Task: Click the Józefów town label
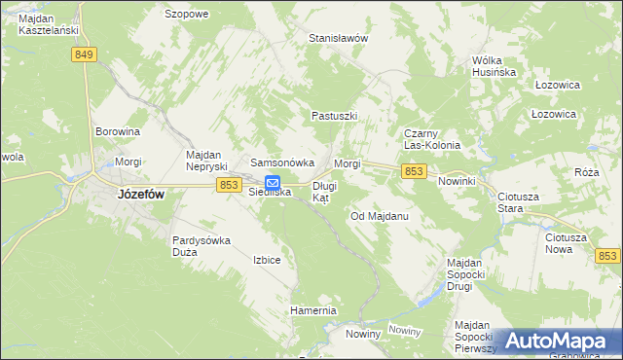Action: [140, 194]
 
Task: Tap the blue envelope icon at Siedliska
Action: [273, 182]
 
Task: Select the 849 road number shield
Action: [83, 55]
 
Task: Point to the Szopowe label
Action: [187, 15]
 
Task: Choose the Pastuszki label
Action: [335, 116]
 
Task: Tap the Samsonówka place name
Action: [282, 162]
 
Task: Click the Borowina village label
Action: [118, 130]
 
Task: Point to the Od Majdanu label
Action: [378, 216]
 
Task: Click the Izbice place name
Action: [267, 260]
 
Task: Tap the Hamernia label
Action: [312, 310]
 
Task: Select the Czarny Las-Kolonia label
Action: [431, 139]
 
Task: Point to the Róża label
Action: [586, 172]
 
